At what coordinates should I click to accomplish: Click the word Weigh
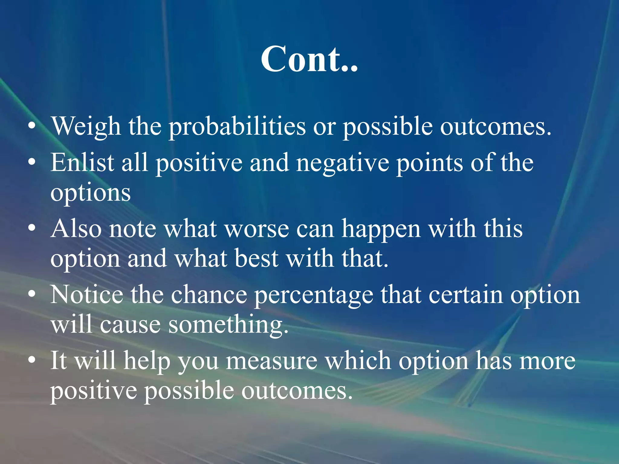86,126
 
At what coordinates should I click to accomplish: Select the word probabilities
237,126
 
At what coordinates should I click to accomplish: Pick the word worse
257,229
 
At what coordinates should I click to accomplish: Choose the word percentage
314,295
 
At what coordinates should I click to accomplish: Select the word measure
271,361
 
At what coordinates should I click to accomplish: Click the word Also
76,229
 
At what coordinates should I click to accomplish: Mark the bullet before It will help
32,360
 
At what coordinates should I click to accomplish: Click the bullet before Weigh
32,126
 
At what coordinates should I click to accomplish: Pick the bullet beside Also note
32,228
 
